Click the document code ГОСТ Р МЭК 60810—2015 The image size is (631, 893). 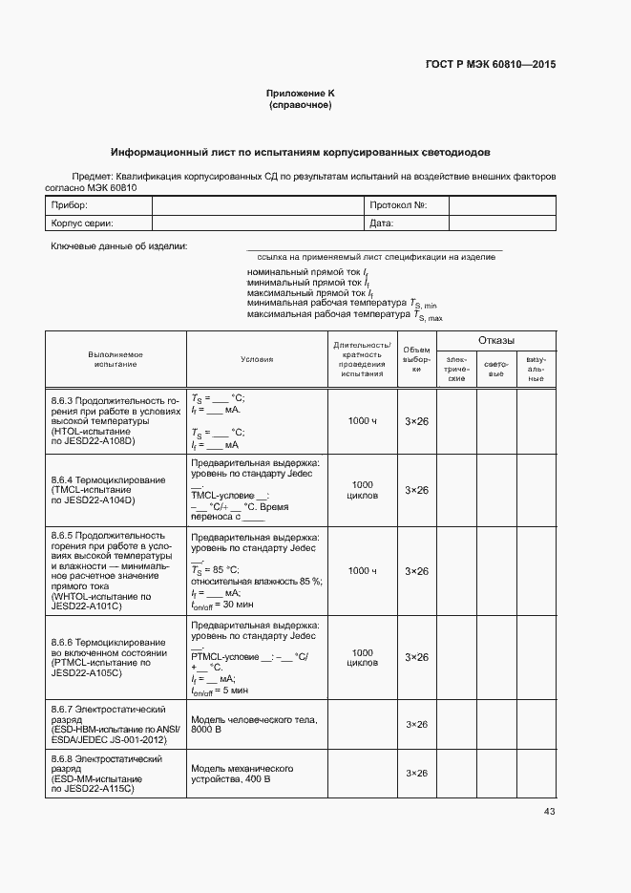(490, 65)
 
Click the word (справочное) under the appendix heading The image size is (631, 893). (301, 105)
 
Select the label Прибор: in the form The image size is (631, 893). (70, 206)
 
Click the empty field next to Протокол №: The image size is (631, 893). (501, 206)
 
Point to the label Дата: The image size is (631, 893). (382, 223)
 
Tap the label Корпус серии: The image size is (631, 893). (82, 223)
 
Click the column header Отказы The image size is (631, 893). (495, 341)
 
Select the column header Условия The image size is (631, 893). (257, 359)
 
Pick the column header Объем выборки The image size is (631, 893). (416, 359)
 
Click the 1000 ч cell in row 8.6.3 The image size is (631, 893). (363, 421)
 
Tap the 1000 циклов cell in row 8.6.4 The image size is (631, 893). (363, 490)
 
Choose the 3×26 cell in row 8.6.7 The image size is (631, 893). (416, 725)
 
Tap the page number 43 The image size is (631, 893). (549, 812)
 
